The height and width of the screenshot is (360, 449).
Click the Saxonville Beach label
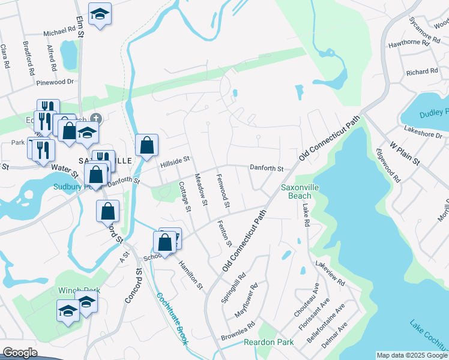coord(297,191)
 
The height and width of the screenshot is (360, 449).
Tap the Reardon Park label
coord(268,343)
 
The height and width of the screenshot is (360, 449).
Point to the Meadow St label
coord(200,190)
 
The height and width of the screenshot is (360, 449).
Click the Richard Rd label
coord(418,72)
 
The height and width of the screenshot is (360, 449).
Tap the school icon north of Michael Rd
coord(100,14)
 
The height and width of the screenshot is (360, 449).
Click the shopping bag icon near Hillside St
coord(146,145)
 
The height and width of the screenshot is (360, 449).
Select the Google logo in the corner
coord(20,353)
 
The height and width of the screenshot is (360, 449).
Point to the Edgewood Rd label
coord(388,166)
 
